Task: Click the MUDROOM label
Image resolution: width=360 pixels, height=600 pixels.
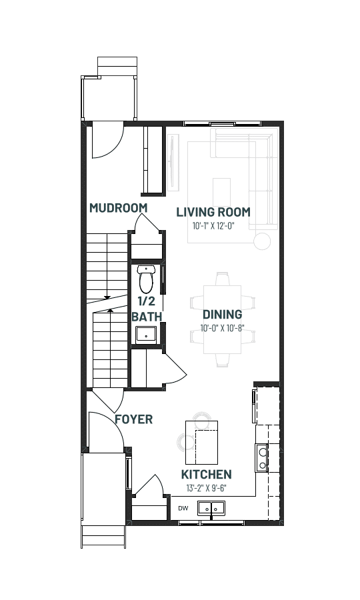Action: [x=118, y=208]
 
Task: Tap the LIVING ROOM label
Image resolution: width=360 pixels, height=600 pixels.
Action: [x=213, y=212]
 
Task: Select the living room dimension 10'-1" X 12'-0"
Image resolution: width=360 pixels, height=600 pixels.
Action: [x=213, y=225]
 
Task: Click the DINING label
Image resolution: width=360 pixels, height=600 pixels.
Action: [x=222, y=315]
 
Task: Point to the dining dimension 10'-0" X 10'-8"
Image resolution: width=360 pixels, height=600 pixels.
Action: [x=222, y=328]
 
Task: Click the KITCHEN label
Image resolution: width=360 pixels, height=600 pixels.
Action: [x=206, y=475]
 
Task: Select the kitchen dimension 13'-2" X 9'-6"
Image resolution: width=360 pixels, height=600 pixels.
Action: [x=206, y=488]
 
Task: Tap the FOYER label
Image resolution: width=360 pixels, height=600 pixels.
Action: [x=133, y=419]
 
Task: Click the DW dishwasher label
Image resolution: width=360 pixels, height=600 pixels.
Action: [x=183, y=509]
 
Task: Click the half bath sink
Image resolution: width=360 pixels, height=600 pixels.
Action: [x=146, y=335]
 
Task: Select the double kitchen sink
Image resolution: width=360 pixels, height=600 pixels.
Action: [x=211, y=509]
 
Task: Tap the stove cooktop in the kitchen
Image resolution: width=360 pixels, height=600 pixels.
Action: [x=262, y=458]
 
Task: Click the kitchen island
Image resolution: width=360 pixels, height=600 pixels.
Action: [x=201, y=443]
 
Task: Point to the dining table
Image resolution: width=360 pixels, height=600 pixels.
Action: [x=222, y=319]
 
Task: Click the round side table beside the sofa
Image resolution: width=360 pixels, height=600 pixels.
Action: [x=262, y=241]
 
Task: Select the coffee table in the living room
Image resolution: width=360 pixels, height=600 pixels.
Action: [x=221, y=192]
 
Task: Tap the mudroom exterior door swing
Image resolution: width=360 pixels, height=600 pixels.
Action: [x=108, y=140]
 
